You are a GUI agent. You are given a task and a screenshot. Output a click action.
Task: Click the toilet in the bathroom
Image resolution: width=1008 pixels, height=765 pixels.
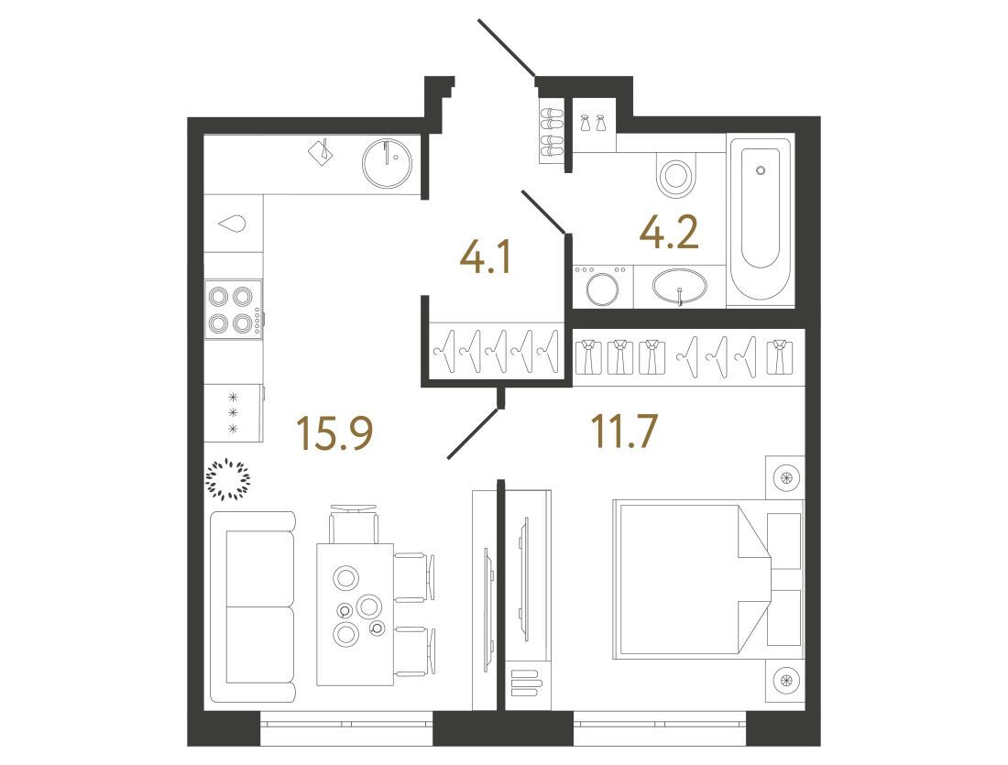click(675, 175)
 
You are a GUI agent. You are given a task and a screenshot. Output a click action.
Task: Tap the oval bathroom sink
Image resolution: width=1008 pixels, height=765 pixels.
click(680, 286)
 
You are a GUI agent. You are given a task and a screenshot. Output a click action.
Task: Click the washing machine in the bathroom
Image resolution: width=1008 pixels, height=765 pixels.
click(602, 286)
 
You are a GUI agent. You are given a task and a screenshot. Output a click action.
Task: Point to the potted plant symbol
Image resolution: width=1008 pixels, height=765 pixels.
click(227, 479)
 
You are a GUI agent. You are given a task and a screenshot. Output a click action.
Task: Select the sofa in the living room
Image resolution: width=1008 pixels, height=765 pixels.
click(253, 607)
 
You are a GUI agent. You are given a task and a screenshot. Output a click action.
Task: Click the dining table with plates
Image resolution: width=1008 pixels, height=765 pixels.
click(355, 614)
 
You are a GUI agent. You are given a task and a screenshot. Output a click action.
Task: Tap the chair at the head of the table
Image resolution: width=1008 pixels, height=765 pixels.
click(354, 524)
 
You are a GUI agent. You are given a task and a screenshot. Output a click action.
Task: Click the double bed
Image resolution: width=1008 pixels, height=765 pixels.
click(707, 580)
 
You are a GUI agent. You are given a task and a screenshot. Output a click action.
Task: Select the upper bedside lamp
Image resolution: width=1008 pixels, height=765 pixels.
click(785, 477)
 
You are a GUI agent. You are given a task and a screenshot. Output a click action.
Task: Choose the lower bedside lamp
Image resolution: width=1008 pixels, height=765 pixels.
click(785, 680)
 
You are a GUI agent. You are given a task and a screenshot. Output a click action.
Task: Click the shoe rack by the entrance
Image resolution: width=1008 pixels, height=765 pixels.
click(551, 132)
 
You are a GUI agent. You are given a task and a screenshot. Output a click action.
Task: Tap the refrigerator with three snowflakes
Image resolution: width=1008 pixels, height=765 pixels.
click(234, 412)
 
